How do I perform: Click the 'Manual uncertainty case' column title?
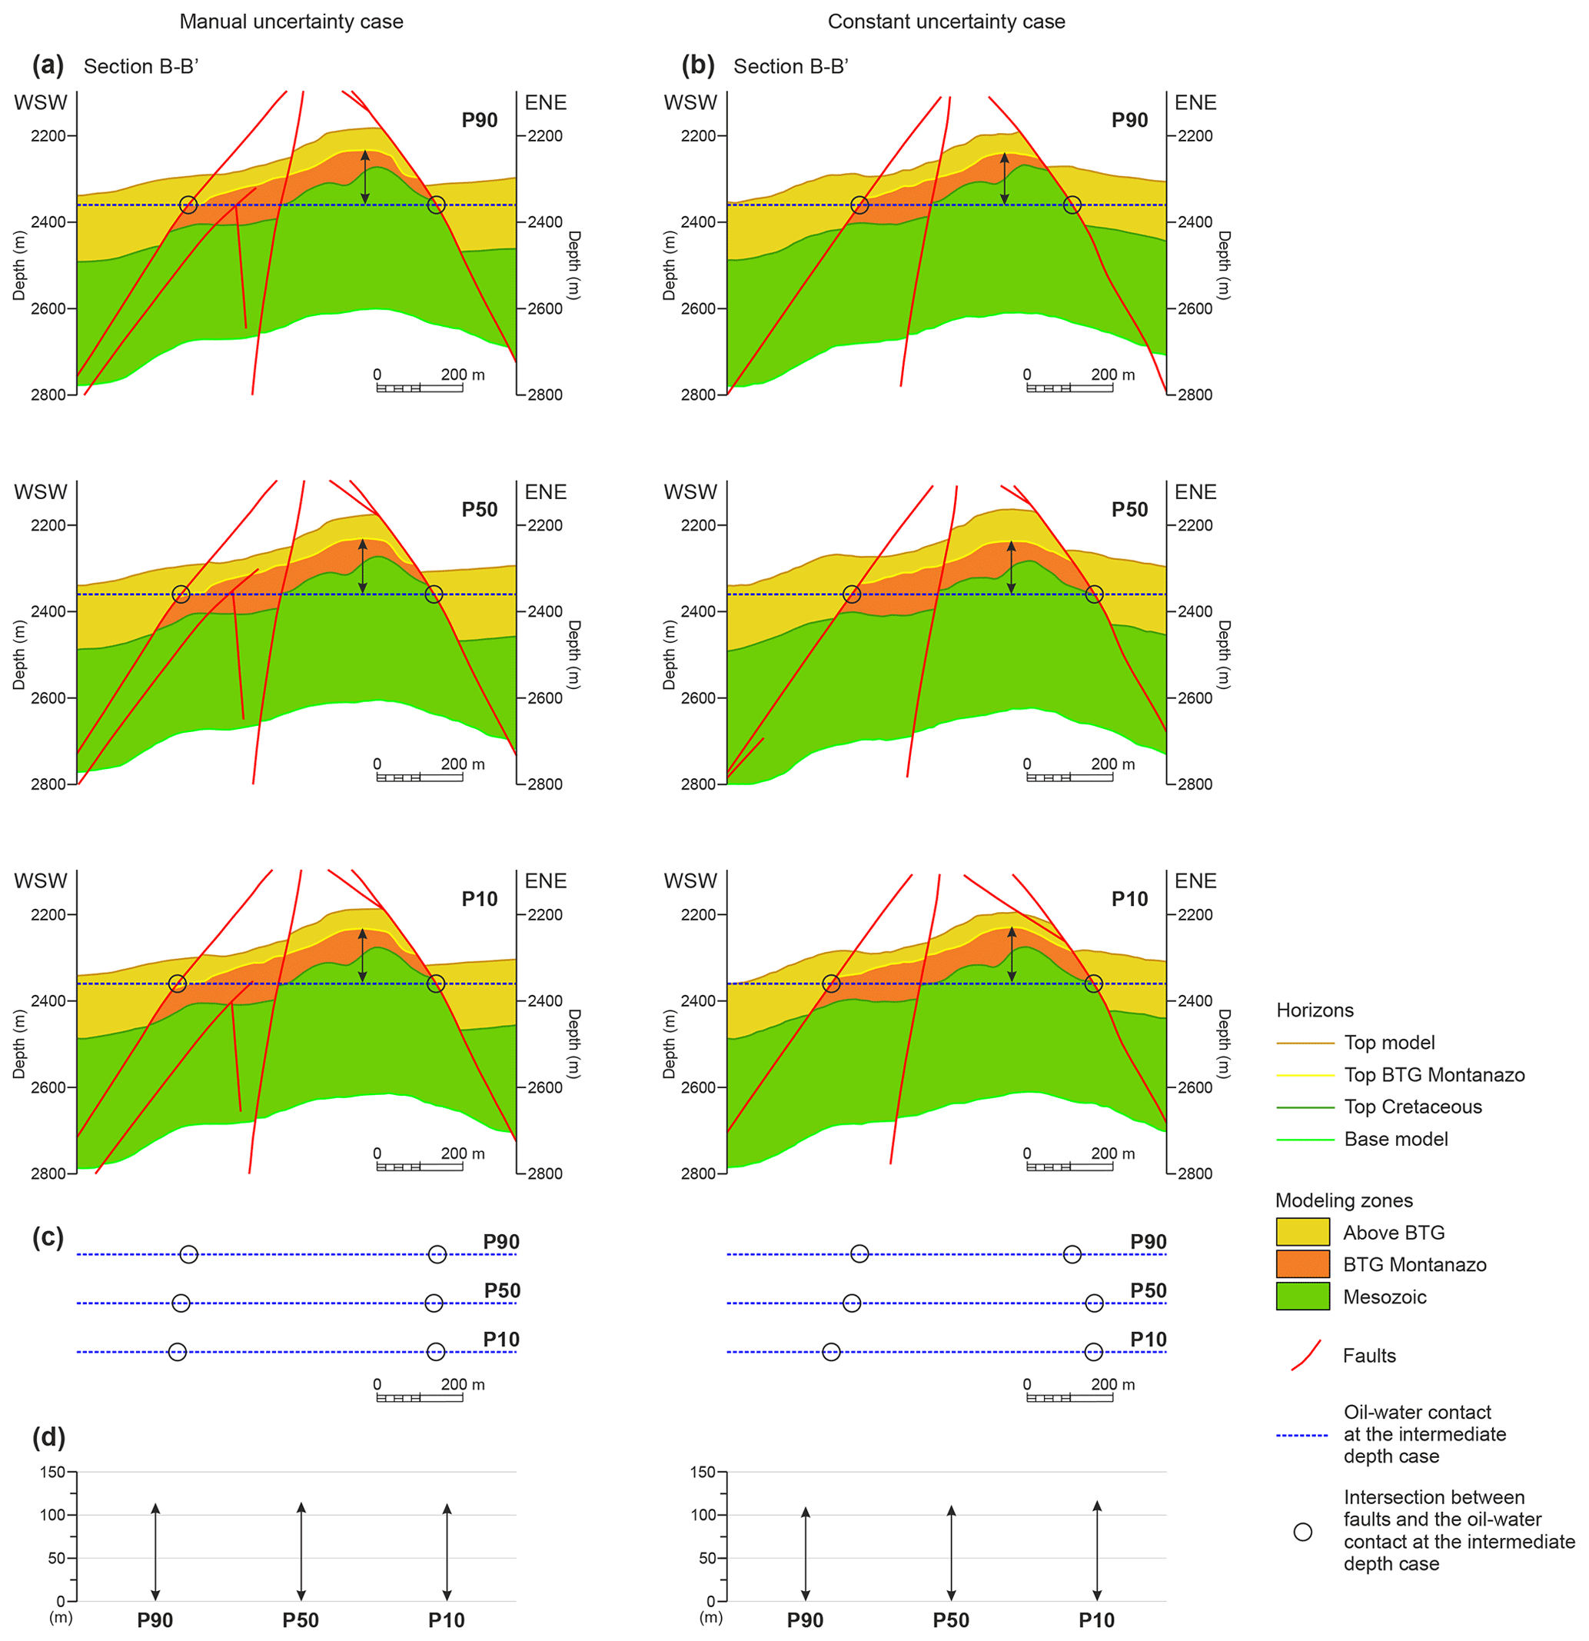(x=291, y=22)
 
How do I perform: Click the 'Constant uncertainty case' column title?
(x=946, y=22)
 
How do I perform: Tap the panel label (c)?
(x=48, y=1237)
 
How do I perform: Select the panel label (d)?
(x=48, y=1436)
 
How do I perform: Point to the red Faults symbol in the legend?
(x=1305, y=1356)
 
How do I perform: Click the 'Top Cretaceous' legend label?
(x=1412, y=1107)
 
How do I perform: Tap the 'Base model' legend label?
(x=1395, y=1139)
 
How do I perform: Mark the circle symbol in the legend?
(x=1303, y=1532)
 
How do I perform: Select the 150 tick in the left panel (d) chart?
(x=52, y=1472)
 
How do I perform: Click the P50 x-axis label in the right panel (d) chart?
(x=950, y=1620)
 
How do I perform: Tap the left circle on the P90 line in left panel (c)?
(x=189, y=1254)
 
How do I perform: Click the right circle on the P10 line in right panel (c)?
(x=1093, y=1352)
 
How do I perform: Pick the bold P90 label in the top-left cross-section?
(x=480, y=121)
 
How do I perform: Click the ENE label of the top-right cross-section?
(x=1195, y=103)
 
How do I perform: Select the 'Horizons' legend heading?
(x=1315, y=1010)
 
